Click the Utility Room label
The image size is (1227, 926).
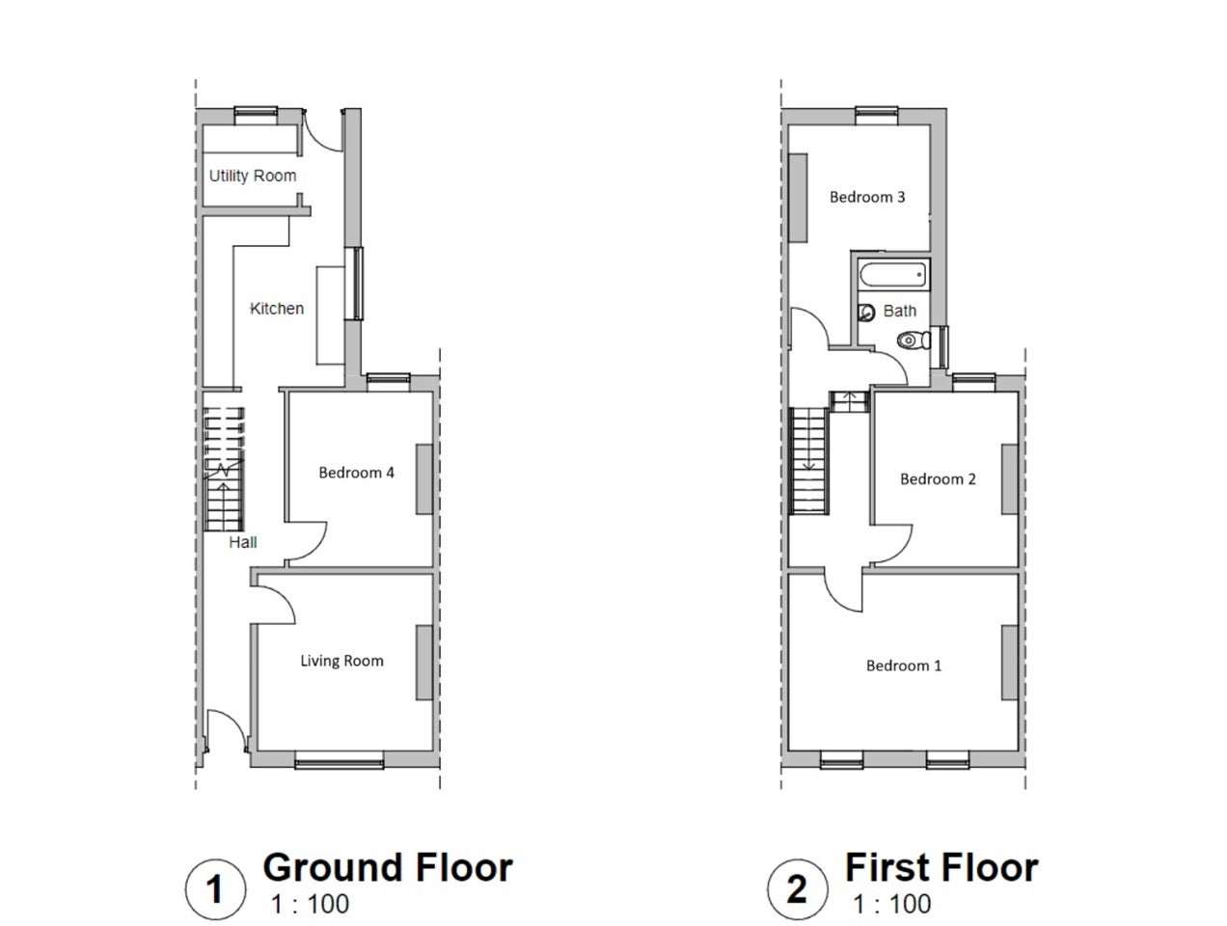click(x=252, y=176)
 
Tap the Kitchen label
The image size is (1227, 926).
click(x=277, y=308)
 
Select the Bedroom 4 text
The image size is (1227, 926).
click(x=356, y=473)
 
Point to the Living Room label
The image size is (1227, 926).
click(x=341, y=661)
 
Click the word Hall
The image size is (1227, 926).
click(x=243, y=541)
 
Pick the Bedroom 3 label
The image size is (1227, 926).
click(x=867, y=197)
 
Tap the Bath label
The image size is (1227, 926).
click(x=899, y=311)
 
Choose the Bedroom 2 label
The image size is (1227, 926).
click(x=938, y=479)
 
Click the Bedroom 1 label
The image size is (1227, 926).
click(x=903, y=665)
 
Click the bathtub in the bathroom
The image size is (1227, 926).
click(x=892, y=276)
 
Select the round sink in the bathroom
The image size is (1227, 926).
click(x=866, y=312)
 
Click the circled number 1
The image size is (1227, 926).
click(x=215, y=889)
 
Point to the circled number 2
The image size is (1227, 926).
click(x=797, y=889)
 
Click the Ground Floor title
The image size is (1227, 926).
click(x=388, y=867)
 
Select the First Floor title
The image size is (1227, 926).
click(x=941, y=867)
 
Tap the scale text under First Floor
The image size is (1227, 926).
click(x=892, y=904)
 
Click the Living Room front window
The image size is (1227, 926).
click(x=340, y=760)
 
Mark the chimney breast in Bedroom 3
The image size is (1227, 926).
click(x=798, y=198)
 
